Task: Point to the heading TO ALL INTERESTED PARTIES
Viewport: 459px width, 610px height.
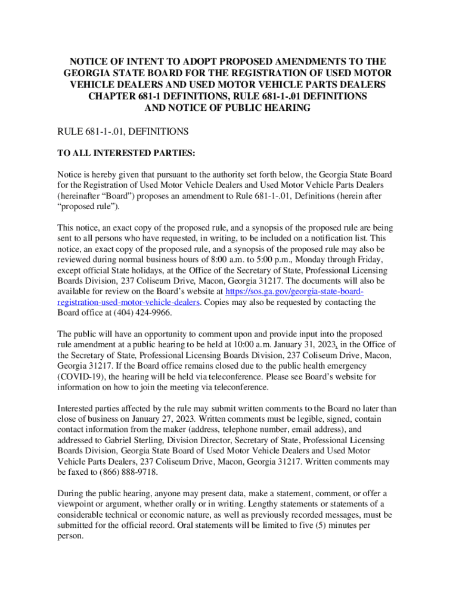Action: tap(126, 153)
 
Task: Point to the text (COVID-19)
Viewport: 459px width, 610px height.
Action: tap(82, 378)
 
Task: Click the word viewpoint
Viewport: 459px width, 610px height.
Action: tap(77, 504)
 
